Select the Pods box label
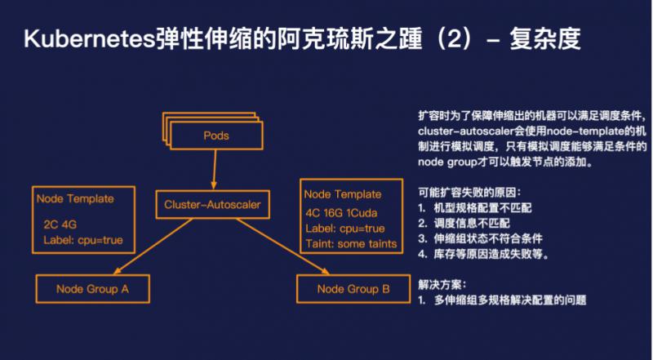point(216,136)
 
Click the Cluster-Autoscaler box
point(212,204)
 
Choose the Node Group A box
point(92,289)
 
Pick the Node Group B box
point(353,289)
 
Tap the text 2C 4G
point(60,224)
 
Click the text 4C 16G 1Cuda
point(341,213)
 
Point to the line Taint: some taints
point(351,244)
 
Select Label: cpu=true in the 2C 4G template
point(83,241)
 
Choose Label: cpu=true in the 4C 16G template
point(344,229)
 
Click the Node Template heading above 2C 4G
point(75,198)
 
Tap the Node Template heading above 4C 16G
point(342,194)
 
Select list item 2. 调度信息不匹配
point(464,224)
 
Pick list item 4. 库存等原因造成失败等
point(483,254)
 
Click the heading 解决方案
point(442,285)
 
